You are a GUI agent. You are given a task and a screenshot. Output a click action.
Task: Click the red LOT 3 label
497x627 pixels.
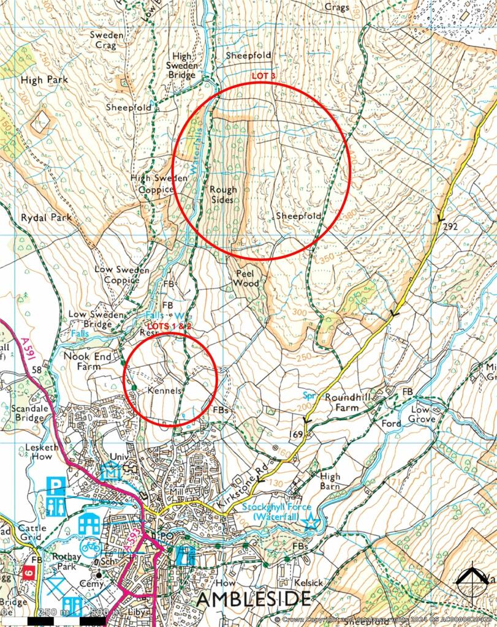click(x=264, y=75)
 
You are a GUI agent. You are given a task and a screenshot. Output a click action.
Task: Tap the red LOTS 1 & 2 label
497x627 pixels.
click(x=169, y=326)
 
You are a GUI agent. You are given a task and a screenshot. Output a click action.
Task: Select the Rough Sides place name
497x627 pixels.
click(x=222, y=195)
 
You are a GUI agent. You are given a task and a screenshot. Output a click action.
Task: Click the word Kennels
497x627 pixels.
click(x=165, y=389)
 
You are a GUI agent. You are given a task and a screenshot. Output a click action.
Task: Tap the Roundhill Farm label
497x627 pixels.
click(x=350, y=402)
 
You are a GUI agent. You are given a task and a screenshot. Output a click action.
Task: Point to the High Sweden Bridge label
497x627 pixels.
click(x=182, y=66)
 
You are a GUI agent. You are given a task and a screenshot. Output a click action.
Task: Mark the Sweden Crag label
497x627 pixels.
click(x=107, y=40)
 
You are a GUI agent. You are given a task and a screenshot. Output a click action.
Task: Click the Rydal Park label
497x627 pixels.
click(x=46, y=217)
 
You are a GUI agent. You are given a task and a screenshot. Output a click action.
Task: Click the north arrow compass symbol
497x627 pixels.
click(x=472, y=578)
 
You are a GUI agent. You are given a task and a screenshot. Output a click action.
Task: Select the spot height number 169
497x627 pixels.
click(x=297, y=434)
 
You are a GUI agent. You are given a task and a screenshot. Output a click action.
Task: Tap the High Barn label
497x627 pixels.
click(x=330, y=481)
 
